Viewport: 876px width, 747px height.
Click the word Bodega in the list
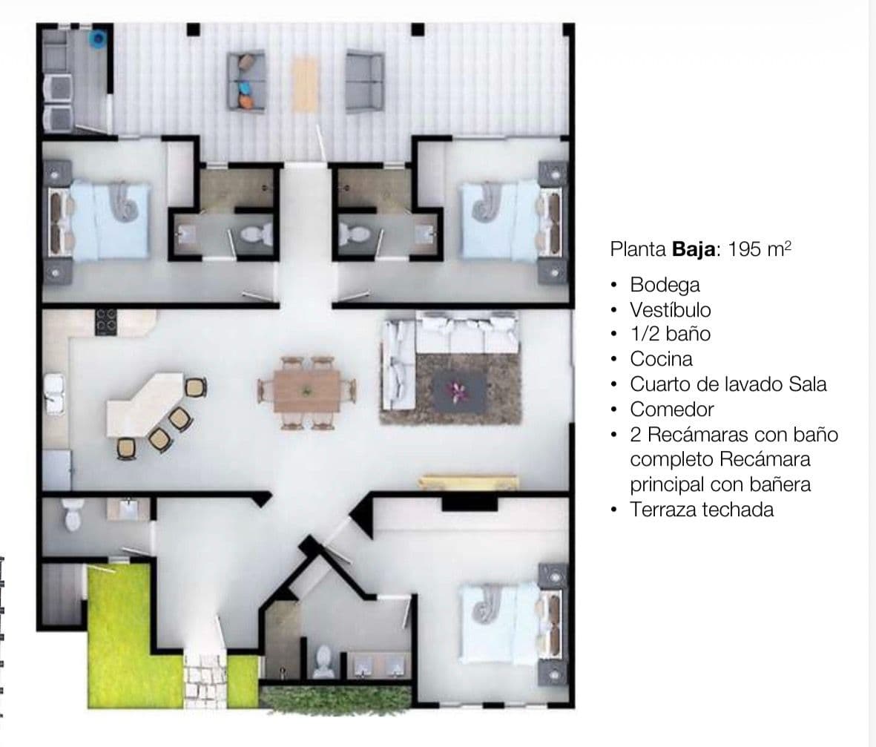(x=665, y=284)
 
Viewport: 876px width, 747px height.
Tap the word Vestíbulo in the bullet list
(x=670, y=309)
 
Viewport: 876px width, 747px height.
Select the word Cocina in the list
(x=661, y=359)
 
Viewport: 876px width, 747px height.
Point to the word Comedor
(x=672, y=409)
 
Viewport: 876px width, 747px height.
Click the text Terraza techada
(x=702, y=510)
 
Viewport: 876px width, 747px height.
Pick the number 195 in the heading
(x=745, y=249)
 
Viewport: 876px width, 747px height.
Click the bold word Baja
(x=694, y=249)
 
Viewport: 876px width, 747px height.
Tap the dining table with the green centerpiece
(x=307, y=391)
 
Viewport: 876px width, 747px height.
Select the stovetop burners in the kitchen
(x=105, y=322)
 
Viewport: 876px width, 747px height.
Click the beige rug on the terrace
(x=305, y=83)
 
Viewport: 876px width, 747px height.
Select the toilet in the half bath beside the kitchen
(x=72, y=513)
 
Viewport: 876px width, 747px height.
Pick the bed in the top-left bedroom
(x=111, y=220)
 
